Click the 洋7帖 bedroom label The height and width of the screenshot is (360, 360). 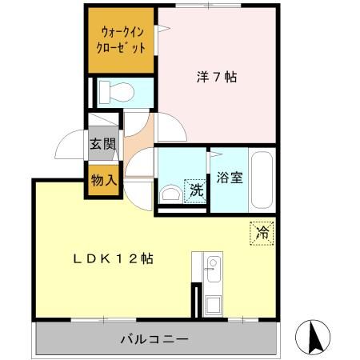tap(217, 78)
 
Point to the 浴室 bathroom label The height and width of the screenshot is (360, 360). tap(230, 178)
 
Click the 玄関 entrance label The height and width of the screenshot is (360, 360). tap(102, 145)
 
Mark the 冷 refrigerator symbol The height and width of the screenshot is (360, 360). tap(261, 232)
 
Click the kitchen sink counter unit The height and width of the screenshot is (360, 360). tap(213, 285)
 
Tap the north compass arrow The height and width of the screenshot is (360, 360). tap(314, 336)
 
